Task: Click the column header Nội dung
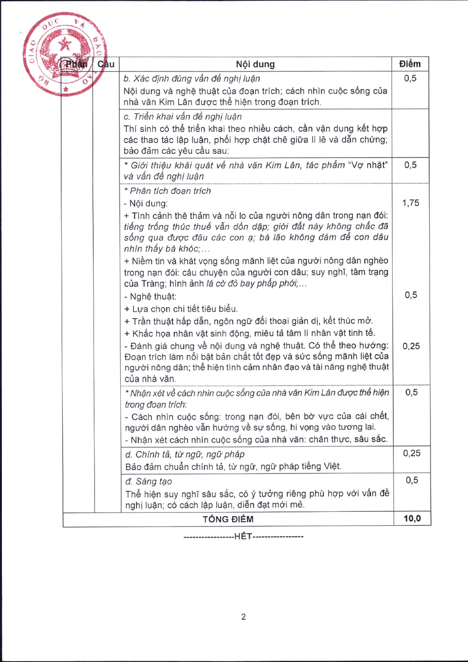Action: tap(255, 64)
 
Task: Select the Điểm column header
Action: tap(410, 64)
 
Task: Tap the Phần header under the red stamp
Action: tap(76, 64)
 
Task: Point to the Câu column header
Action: tap(106, 64)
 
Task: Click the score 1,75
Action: tap(411, 203)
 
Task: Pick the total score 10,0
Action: tap(412, 518)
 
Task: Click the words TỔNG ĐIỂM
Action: tap(228, 519)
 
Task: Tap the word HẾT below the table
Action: tap(243, 536)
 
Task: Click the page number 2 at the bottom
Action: tap(243, 617)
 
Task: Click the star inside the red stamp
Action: tap(65, 45)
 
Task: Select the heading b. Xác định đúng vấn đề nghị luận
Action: tap(192, 79)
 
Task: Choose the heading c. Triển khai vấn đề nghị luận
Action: tap(183, 116)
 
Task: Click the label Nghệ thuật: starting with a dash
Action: tap(150, 297)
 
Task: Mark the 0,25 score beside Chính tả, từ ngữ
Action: tap(412, 453)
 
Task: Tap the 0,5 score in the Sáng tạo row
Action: tap(412, 480)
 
